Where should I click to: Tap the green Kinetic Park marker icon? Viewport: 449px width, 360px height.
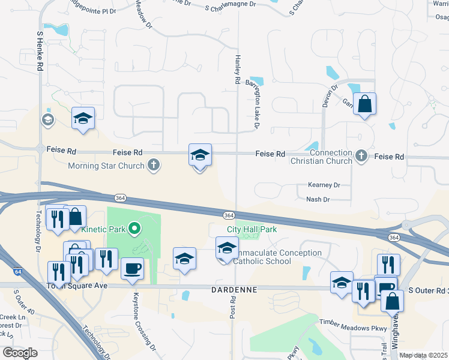coord(135,228)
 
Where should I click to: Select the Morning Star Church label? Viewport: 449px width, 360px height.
coord(106,166)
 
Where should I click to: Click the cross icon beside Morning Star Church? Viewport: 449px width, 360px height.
coord(154,165)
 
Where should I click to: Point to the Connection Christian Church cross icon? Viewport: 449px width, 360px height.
coord(361,156)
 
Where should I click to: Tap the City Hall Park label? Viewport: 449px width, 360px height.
coord(252,229)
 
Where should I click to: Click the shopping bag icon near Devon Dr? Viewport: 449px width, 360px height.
coord(364,104)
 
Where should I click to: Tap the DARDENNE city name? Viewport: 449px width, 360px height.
coord(234,289)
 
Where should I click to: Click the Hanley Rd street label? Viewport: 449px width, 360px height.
coord(238,68)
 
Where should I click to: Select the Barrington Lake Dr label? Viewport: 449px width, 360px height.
coord(253,103)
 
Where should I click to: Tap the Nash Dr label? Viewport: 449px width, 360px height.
coord(318,199)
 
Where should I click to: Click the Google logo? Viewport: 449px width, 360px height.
coord(20,353)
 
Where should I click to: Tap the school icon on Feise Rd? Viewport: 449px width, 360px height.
coord(200,155)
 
